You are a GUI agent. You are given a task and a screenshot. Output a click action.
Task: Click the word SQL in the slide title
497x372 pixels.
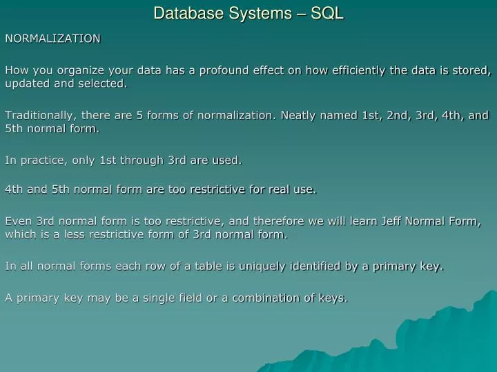pos(327,13)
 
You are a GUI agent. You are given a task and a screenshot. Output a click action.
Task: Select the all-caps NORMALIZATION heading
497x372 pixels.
pos(53,39)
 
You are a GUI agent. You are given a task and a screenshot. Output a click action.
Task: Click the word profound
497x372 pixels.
pos(224,70)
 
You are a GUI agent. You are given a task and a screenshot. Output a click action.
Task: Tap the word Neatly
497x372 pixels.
pos(300,115)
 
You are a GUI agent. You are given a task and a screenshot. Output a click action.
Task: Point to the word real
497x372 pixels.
pos(275,189)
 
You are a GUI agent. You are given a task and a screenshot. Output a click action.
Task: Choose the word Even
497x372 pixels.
pos(18,221)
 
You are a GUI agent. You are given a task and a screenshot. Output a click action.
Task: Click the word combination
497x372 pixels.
pos(266,298)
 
